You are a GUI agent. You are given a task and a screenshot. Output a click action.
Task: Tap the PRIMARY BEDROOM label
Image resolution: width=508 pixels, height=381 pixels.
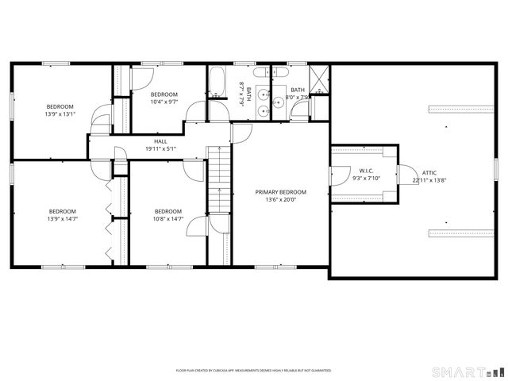(280, 192)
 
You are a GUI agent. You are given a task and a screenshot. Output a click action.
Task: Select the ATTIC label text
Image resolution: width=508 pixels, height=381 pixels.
(429, 172)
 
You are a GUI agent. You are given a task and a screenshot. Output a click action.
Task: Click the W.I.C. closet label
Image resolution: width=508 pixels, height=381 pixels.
(366, 171)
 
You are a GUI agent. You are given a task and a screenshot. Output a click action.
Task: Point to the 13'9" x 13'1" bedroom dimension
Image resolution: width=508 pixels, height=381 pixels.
(60, 114)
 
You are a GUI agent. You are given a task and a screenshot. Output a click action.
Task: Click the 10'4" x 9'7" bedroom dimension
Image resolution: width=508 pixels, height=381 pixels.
(164, 101)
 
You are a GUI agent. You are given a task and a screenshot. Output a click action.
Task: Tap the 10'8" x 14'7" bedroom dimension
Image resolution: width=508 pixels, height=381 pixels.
(168, 218)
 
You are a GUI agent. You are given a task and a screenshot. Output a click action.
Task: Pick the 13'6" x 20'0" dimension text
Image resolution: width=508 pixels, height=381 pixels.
(280, 199)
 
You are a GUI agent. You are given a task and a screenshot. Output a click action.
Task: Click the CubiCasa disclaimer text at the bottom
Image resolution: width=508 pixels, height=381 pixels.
(253, 371)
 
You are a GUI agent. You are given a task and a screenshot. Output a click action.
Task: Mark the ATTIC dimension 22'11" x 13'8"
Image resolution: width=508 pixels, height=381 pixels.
(429, 179)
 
